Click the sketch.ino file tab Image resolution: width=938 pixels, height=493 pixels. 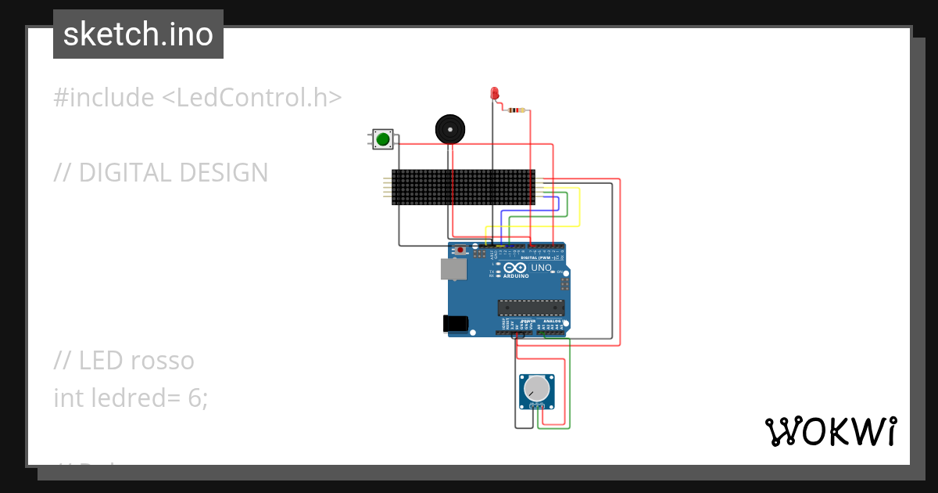point(138,34)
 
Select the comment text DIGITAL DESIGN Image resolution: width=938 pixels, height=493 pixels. point(174,173)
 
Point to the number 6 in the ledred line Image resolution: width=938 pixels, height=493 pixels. point(195,398)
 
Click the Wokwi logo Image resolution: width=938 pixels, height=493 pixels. point(830,431)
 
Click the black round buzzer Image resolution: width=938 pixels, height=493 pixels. point(449,128)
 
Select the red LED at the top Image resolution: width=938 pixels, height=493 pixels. point(494,93)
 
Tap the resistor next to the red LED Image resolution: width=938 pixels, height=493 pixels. point(516,110)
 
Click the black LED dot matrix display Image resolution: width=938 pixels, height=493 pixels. point(463,188)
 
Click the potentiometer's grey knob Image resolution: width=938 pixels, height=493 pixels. point(537,388)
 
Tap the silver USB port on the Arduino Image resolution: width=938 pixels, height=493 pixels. point(453,269)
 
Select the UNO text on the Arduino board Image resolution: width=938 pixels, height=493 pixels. point(541,268)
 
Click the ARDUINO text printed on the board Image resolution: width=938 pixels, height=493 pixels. point(516,276)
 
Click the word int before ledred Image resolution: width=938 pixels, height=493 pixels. point(66,398)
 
